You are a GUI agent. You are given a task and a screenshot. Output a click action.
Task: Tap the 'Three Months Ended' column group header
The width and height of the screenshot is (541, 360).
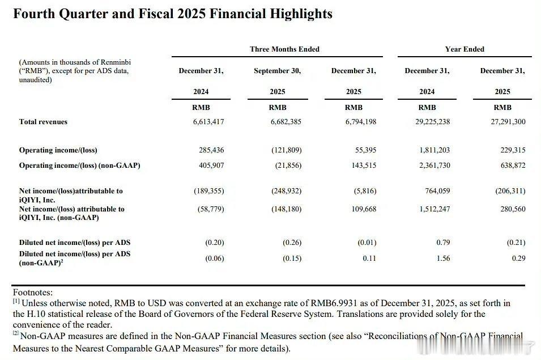pos(284,49)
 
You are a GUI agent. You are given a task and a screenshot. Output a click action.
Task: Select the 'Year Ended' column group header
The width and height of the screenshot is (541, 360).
pos(465,49)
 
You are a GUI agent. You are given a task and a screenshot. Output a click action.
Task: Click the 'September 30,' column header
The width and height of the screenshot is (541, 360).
pos(277,71)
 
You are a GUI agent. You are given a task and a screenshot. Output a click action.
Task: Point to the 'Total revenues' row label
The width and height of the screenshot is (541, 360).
pos(43,122)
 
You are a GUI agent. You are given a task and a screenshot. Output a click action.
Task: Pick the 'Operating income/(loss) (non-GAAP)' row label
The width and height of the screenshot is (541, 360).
pos(79,166)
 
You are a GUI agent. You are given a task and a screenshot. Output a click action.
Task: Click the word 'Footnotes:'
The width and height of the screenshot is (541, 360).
pos(33,293)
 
